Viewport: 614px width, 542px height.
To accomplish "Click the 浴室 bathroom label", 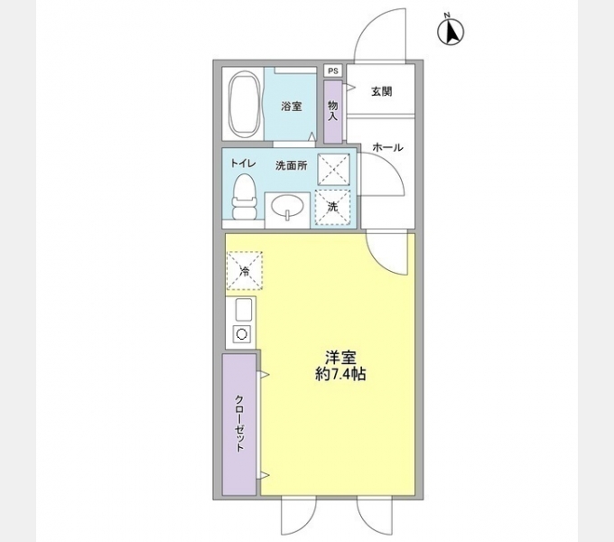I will coord(291,107).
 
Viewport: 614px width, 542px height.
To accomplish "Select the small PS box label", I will coord(332,70).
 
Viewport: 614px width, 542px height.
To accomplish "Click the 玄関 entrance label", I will coord(380,92).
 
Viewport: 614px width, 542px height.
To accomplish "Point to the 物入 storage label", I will coord(332,110).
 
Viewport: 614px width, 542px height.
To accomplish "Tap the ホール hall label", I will coord(386,147).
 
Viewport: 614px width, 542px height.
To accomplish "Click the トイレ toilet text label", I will coord(243,164).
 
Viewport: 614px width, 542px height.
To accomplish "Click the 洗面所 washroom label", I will coord(291,165).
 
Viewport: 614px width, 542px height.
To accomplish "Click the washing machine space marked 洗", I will coord(332,206).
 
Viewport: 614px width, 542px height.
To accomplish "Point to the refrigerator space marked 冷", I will coord(243,270).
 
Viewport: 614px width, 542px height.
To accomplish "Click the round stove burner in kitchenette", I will coord(242,334).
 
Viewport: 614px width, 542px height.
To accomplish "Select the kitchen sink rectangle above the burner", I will coord(242,311).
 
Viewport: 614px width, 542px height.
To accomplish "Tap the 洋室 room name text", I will coord(340,356).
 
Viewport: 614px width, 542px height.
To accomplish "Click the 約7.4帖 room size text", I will coord(340,374).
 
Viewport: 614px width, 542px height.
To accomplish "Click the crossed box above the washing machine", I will coord(332,169).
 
